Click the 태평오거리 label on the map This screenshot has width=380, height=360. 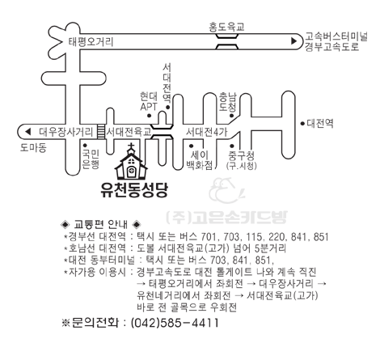click(91, 42)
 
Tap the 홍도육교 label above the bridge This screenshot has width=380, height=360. click(226, 27)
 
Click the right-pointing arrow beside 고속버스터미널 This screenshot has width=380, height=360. click(293, 41)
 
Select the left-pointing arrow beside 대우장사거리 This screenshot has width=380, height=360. click(27, 132)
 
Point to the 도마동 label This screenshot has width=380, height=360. click(33, 148)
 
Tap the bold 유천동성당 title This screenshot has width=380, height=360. click(134, 190)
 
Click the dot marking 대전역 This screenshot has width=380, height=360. click(302, 124)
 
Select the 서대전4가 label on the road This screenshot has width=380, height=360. click(207, 132)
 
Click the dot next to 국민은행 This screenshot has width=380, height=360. click(85, 145)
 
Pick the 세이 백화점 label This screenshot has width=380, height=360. click(200, 159)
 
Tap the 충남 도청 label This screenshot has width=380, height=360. click(228, 102)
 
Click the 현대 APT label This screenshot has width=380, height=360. click(149, 101)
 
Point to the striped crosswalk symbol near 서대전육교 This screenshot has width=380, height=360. click(100, 132)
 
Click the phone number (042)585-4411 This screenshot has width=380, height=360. click(175, 323)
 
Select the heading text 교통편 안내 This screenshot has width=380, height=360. click(100, 224)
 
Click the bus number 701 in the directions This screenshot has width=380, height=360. click(209, 237)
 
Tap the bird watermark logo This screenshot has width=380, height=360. click(226, 190)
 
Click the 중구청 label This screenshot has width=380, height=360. click(241, 155)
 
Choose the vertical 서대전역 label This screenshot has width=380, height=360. click(167, 83)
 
